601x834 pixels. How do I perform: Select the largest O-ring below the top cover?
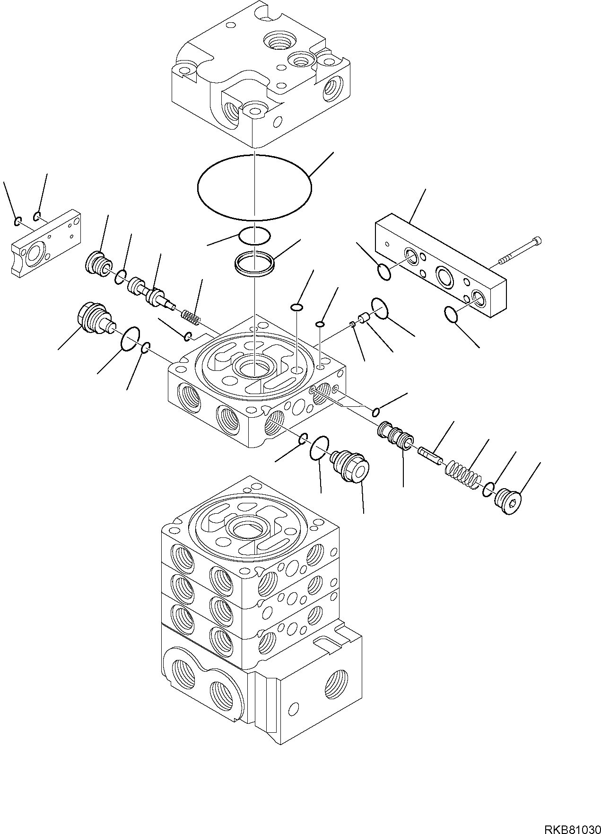[x=254, y=188]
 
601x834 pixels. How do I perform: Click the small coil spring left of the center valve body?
[x=191, y=316]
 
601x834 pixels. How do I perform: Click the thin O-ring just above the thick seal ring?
[x=254, y=235]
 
